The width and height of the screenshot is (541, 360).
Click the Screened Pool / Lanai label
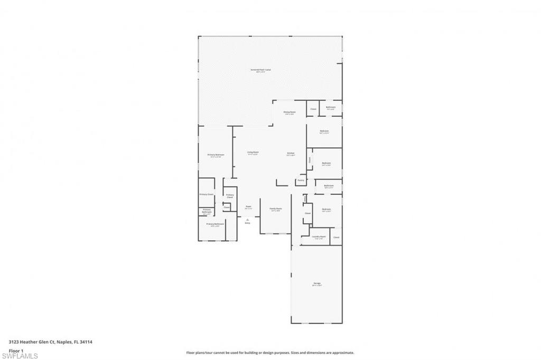click(x=260, y=70)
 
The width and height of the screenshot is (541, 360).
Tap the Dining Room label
click(x=289, y=112)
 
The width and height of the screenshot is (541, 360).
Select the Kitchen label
click(x=290, y=153)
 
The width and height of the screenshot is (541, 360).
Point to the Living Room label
click(x=253, y=153)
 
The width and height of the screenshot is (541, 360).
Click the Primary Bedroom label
click(x=216, y=155)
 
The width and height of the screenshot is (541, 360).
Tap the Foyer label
click(x=248, y=206)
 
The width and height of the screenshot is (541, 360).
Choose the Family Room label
click(x=276, y=209)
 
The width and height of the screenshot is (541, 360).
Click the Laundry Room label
click(x=318, y=236)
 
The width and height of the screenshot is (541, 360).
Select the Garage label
click(x=317, y=283)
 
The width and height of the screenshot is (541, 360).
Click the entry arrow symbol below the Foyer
click(x=247, y=220)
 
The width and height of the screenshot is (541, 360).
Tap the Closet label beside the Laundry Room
click(x=336, y=237)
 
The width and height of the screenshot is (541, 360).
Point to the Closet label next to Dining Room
click(x=313, y=109)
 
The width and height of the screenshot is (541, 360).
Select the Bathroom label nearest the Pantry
click(x=329, y=185)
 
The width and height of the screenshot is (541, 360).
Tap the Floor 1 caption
click(x=16, y=350)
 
